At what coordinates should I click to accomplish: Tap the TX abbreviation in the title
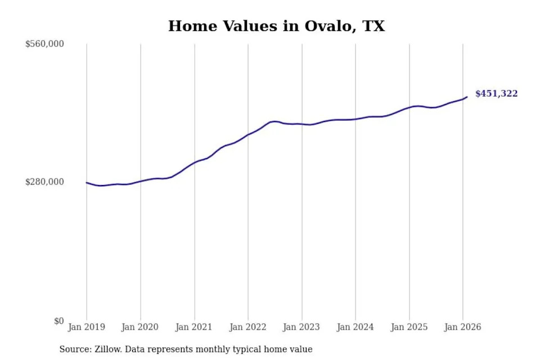pyautogui.click(x=373, y=26)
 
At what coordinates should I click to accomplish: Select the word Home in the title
pyautogui.click(x=193, y=26)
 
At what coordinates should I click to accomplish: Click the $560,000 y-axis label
pyautogui.click(x=44, y=44)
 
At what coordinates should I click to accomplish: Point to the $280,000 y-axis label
pyautogui.click(x=44, y=182)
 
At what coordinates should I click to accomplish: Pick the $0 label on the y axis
pyautogui.click(x=59, y=321)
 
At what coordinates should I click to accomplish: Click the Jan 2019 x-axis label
pyautogui.click(x=87, y=327)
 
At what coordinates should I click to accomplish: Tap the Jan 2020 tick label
pyautogui.click(x=140, y=327)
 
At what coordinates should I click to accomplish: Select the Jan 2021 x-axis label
pyautogui.click(x=193, y=327)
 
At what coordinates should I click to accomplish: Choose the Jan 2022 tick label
pyautogui.click(x=247, y=327)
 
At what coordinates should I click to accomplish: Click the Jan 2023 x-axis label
pyautogui.click(x=301, y=327)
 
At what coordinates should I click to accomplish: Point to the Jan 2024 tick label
pyautogui.click(x=355, y=327)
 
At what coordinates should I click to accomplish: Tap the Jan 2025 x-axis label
pyautogui.click(x=409, y=327)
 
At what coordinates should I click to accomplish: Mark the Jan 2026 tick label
pyautogui.click(x=462, y=327)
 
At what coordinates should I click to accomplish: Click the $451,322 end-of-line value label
pyautogui.click(x=496, y=94)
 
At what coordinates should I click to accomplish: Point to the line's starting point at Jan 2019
pyautogui.click(x=87, y=183)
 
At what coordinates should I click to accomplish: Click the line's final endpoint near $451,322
pyautogui.click(x=467, y=97)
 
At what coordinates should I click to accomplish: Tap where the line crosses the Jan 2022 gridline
pyautogui.click(x=248, y=134)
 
